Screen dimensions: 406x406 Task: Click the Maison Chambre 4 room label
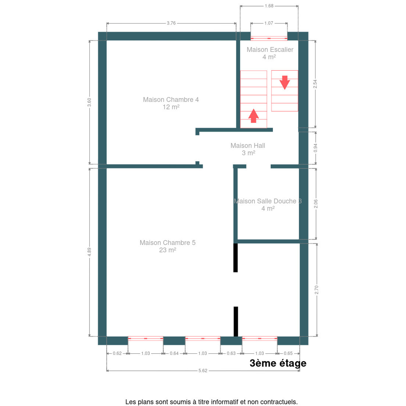pos(171,103)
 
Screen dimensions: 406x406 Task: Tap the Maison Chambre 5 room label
pos(167,246)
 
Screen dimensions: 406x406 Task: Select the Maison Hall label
pos(248,149)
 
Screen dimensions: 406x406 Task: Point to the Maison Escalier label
pos(270,53)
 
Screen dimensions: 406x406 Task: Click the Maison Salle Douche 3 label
pos(268,205)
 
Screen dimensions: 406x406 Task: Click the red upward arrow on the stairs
pos(253,116)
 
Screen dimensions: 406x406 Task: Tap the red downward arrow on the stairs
pos(285,83)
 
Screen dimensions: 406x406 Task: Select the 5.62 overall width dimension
pos(203,376)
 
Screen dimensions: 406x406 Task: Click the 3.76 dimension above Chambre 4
pos(171,23)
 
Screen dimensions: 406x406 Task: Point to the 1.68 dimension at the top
pos(269,6)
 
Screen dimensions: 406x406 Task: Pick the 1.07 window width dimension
pos(269,23)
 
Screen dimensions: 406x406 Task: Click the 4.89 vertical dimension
pos(89,252)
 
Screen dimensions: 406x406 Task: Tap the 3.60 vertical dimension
pos(89,102)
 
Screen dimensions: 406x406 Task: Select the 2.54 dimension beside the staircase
pos(315,84)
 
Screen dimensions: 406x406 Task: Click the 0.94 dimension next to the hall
pos(315,148)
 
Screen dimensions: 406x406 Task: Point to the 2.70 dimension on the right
pos(316,290)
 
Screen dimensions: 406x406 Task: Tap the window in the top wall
pos(269,38)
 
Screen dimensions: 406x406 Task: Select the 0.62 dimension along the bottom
pos(117,353)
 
